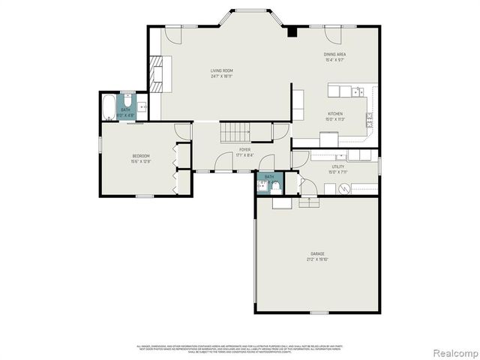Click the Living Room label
coord(221,71)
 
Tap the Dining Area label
coord(334,55)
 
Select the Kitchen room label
coord(334,114)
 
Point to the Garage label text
coord(317,254)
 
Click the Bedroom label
coord(141,156)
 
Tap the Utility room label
coord(338,166)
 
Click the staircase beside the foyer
coord(236,133)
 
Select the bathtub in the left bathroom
coord(109,107)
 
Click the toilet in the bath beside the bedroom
coord(128,103)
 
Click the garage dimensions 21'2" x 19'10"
coord(317,259)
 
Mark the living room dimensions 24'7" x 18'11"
coord(221,76)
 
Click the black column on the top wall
coord(291,31)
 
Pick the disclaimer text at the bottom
coord(240,349)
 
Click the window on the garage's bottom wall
coord(319,312)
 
